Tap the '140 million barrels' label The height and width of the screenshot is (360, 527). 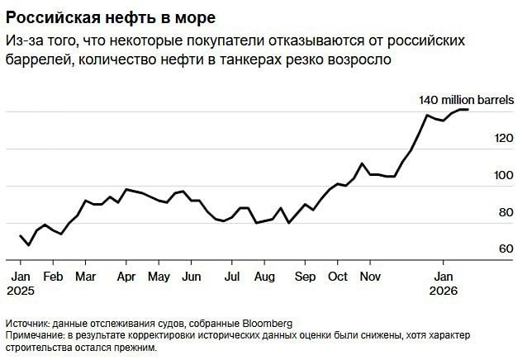[x=467, y=99]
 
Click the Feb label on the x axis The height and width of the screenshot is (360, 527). [x=54, y=277]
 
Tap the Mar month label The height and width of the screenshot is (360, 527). [x=86, y=277]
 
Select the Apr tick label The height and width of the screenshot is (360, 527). [x=126, y=277]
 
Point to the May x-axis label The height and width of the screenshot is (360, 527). [x=159, y=277]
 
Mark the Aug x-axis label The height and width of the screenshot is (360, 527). [x=264, y=277]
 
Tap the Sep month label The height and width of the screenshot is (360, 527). [x=305, y=277]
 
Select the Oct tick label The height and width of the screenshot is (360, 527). [x=337, y=277]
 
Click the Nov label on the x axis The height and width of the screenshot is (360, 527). [x=370, y=277]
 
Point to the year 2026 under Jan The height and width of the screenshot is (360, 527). [x=444, y=291]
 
